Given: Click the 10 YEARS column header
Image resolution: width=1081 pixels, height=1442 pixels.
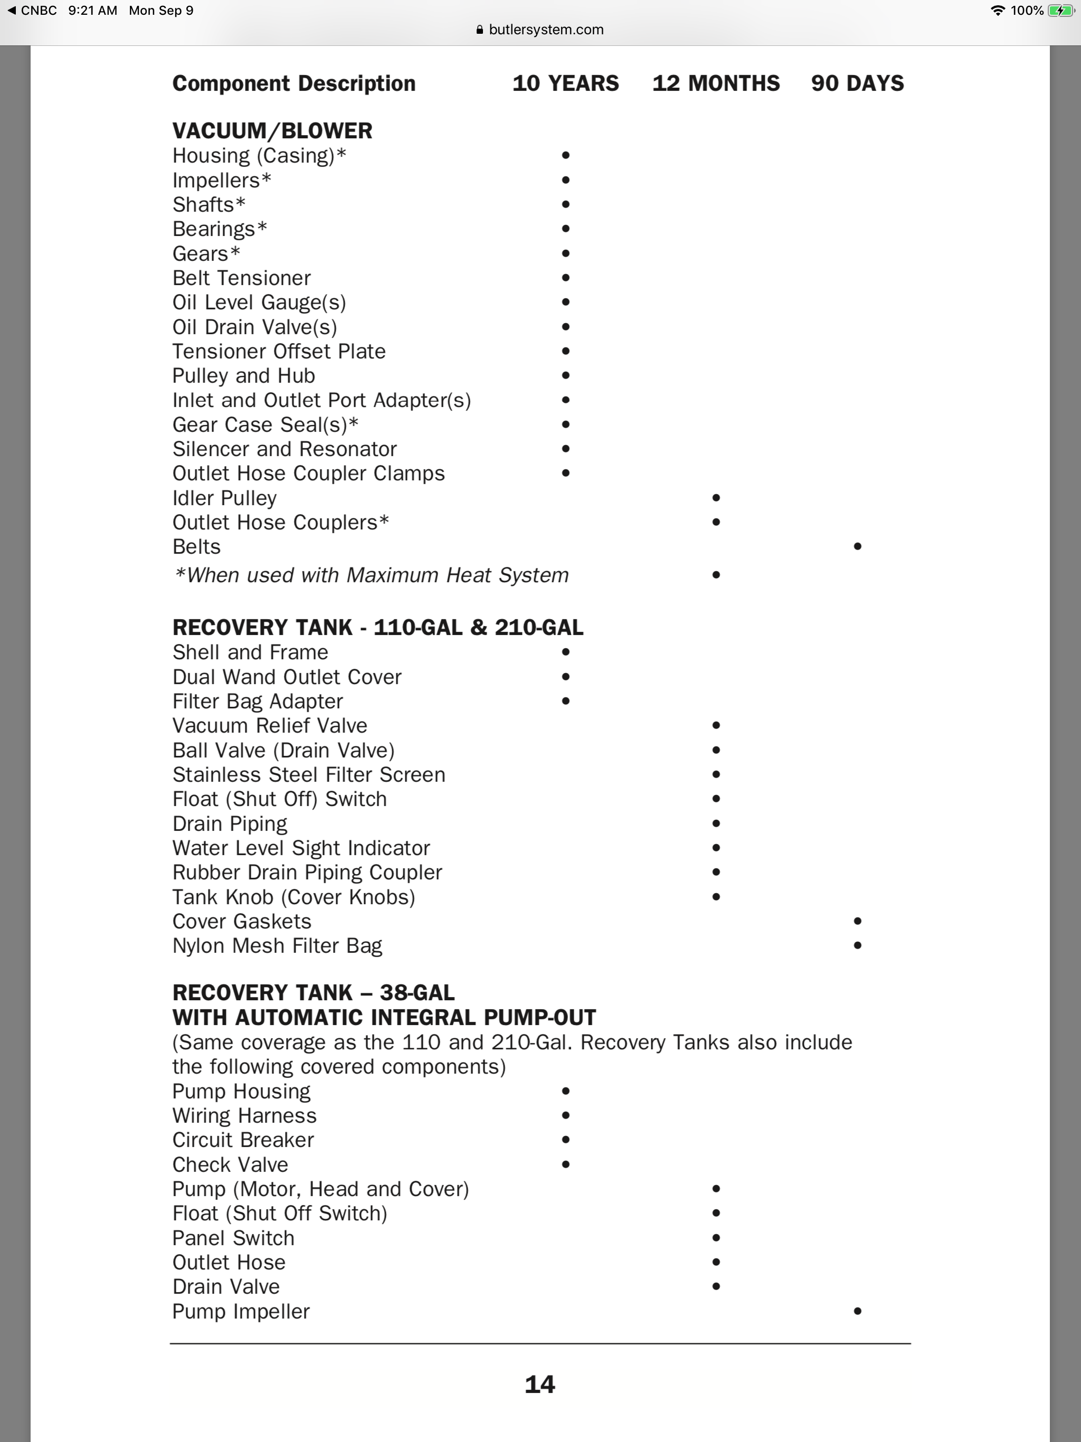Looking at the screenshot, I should (565, 83).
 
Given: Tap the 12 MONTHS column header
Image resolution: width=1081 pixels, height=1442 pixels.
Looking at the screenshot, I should (716, 83).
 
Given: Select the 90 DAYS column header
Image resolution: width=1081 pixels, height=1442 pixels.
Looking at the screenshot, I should (857, 83).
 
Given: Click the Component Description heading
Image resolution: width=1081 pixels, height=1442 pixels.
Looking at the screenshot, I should (293, 83).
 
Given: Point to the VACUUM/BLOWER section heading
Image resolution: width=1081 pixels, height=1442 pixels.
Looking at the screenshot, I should (272, 131).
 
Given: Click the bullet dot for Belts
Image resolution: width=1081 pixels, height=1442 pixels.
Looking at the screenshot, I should (857, 546).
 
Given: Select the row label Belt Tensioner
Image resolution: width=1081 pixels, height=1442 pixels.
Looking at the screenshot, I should (241, 278).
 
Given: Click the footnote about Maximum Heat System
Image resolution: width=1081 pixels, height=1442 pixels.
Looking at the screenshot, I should (371, 575).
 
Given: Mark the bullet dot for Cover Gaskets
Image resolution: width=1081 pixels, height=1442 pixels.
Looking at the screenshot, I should (857, 921).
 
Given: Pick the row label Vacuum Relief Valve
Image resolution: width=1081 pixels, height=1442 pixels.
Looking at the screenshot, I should (269, 726).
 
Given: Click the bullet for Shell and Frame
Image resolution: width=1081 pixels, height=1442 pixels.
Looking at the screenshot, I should (565, 652).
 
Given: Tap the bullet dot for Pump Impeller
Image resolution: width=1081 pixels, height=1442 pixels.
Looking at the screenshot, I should (857, 1311).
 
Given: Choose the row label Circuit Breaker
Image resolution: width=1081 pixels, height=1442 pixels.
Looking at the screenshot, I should (243, 1140).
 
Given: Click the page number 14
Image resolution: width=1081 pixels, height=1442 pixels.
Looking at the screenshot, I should (540, 1384).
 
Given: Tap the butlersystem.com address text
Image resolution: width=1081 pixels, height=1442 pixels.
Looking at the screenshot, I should (546, 30).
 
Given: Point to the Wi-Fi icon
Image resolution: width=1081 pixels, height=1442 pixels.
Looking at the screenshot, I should (997, 11).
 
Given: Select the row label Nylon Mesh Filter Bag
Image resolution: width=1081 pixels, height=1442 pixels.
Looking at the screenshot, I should (277, 946).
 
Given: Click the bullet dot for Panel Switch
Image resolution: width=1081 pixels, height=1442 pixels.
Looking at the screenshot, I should (716, 1238).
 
